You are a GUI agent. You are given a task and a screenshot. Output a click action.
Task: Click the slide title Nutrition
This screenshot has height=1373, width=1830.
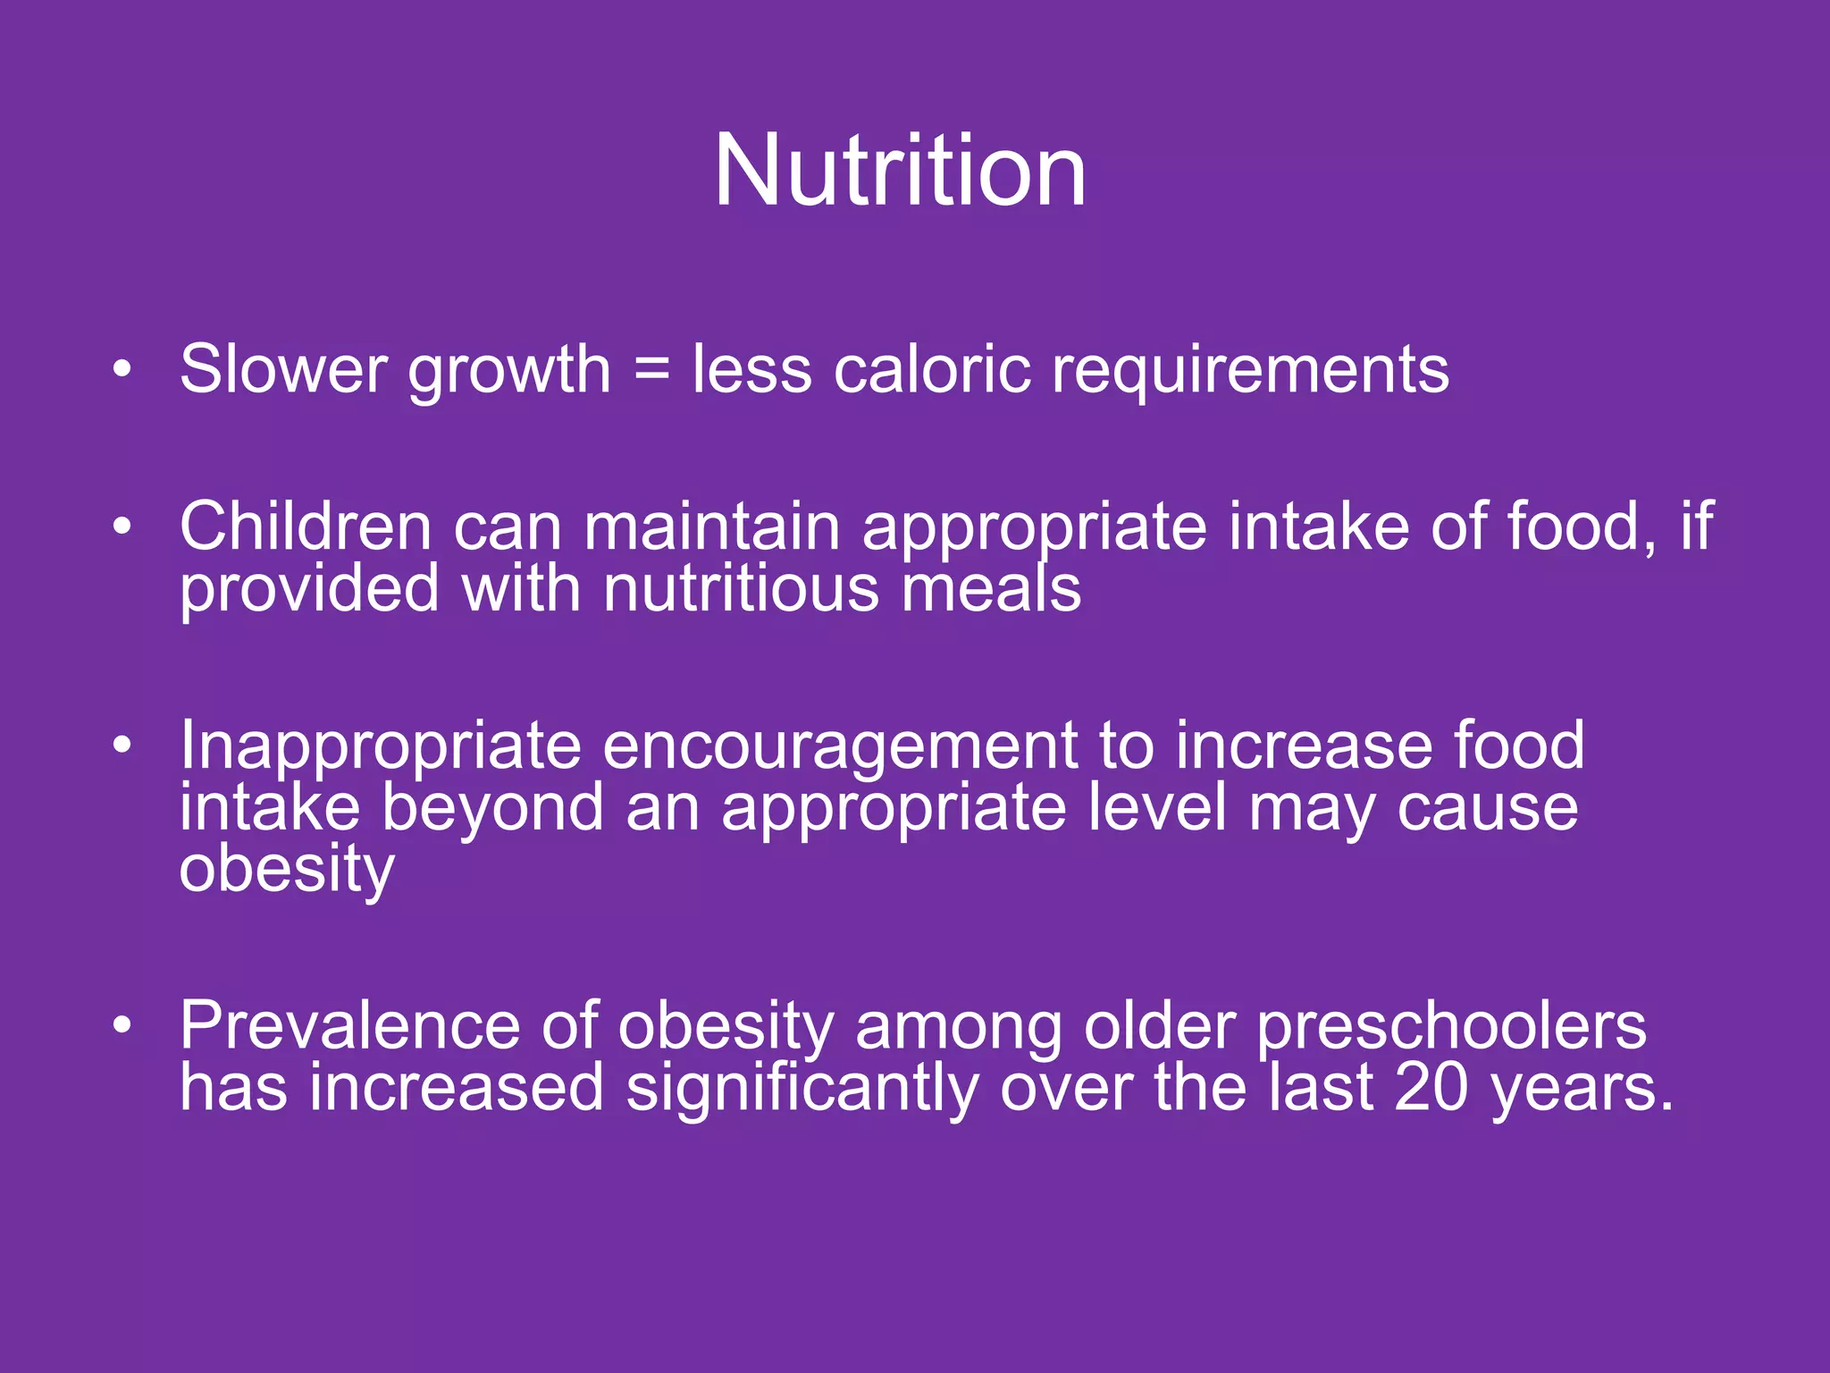pyautogui.click(x=900, y=170)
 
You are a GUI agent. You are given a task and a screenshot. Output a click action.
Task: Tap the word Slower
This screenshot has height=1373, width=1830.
pyautogui.click(x=282, y=368)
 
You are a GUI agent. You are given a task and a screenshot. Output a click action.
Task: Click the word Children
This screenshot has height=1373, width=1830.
pyautogui.click(x=306, y=526)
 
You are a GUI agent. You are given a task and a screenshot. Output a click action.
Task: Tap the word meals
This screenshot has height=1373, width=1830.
pyautogui.click(x=991, y=588)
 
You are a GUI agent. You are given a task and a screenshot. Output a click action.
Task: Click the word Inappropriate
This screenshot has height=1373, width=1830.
pyautogui.click(x=380, y=746)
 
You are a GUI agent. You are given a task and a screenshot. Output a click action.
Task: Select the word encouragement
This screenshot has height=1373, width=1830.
pyautogui.click(x=840, y=746)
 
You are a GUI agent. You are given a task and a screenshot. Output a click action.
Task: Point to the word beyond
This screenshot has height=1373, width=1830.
pyautogui.click(x=493, y=809)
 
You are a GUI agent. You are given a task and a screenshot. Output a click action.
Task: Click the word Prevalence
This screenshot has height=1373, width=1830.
pyautogui.click(x=349, y=1025)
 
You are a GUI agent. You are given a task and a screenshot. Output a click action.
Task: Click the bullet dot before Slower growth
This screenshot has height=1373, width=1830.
pyautogui.click(x=122, y=367)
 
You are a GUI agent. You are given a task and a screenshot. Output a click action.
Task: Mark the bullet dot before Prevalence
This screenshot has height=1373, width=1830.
pyautogui.click(x=122, y=1024)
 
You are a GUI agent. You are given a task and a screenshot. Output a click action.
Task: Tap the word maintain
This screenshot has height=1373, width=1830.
pyautogui.click(x=711, y=526)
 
